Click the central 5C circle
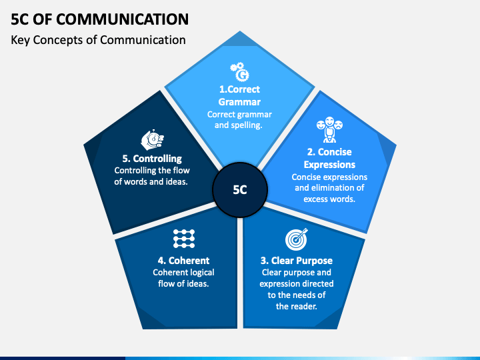pos(240,189)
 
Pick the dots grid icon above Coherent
pos(183,238)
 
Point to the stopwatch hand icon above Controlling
pos(151,139)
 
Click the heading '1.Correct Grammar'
pos(239,95)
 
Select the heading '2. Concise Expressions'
pos(329,158)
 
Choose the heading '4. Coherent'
pos(183,261)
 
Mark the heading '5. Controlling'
pos(151,159)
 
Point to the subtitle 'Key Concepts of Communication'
pos(98,40)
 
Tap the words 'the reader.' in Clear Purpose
pos(296,307)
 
